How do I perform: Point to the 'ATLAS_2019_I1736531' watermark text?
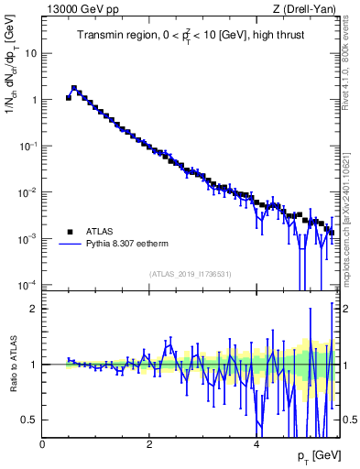click(x=190, y=274)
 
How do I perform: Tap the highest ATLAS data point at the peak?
click(x=74, y=89)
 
